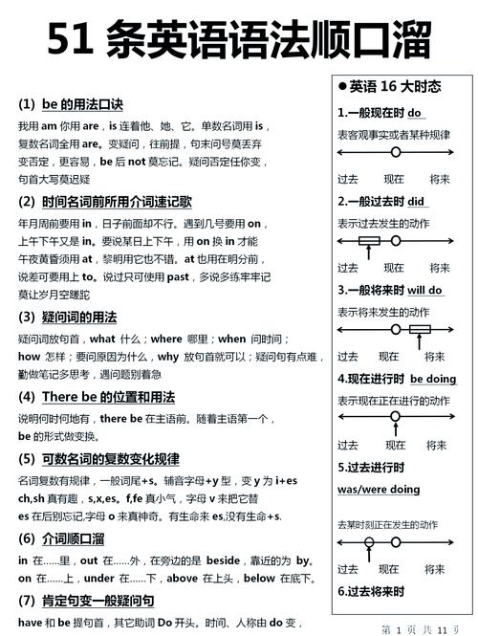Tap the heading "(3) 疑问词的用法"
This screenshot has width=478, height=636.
[67, 317]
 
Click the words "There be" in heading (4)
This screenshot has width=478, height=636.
[74, 396]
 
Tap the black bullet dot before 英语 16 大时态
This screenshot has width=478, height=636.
[342, 86]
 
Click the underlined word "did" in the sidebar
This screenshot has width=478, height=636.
[416, 202]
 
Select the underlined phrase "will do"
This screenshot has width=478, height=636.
[424, 290]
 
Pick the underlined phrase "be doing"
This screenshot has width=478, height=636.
[433, 379]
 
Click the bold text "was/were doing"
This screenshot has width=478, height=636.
[379, 489]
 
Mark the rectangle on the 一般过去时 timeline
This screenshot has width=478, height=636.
[369, 242]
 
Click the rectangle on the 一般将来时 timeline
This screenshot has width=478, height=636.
[420, 331]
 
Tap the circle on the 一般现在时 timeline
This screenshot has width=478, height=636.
[395, 153]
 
